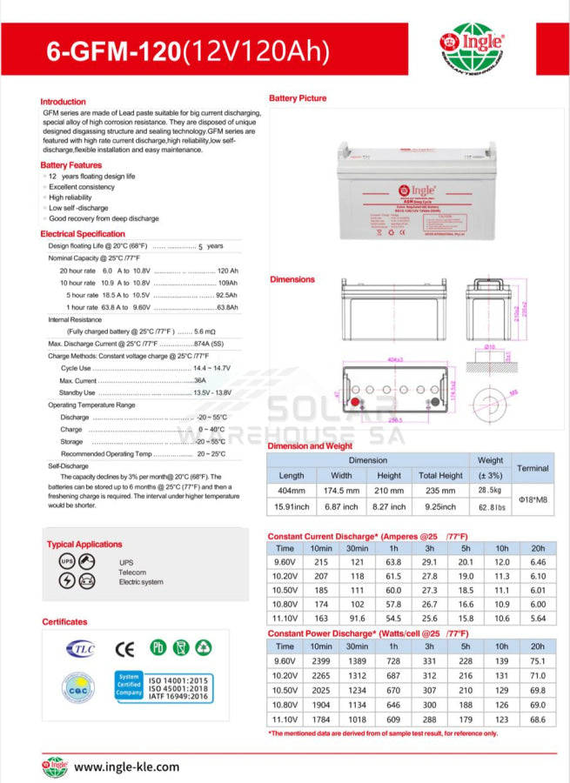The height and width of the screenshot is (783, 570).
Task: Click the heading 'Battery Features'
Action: (71, 165)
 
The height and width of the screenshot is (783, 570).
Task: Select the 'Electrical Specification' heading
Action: (83, 234)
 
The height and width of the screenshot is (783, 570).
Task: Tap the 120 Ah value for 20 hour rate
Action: (227, 271)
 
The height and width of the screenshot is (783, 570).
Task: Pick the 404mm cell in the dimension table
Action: (292, 491)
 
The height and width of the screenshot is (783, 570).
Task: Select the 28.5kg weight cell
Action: (491, 491)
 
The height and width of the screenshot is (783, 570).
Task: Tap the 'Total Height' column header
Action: (440, 476)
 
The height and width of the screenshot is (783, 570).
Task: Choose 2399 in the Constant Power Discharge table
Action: (321, 662)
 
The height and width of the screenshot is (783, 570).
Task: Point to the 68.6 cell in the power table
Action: (538, 719)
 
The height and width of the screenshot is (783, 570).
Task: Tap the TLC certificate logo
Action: (77, 649)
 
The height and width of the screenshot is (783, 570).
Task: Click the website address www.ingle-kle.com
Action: (126, 766)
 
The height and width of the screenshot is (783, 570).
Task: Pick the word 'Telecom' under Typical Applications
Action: (133, 572)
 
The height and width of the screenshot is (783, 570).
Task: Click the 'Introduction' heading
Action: (64, 102)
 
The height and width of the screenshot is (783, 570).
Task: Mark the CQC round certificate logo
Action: (77, 688)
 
